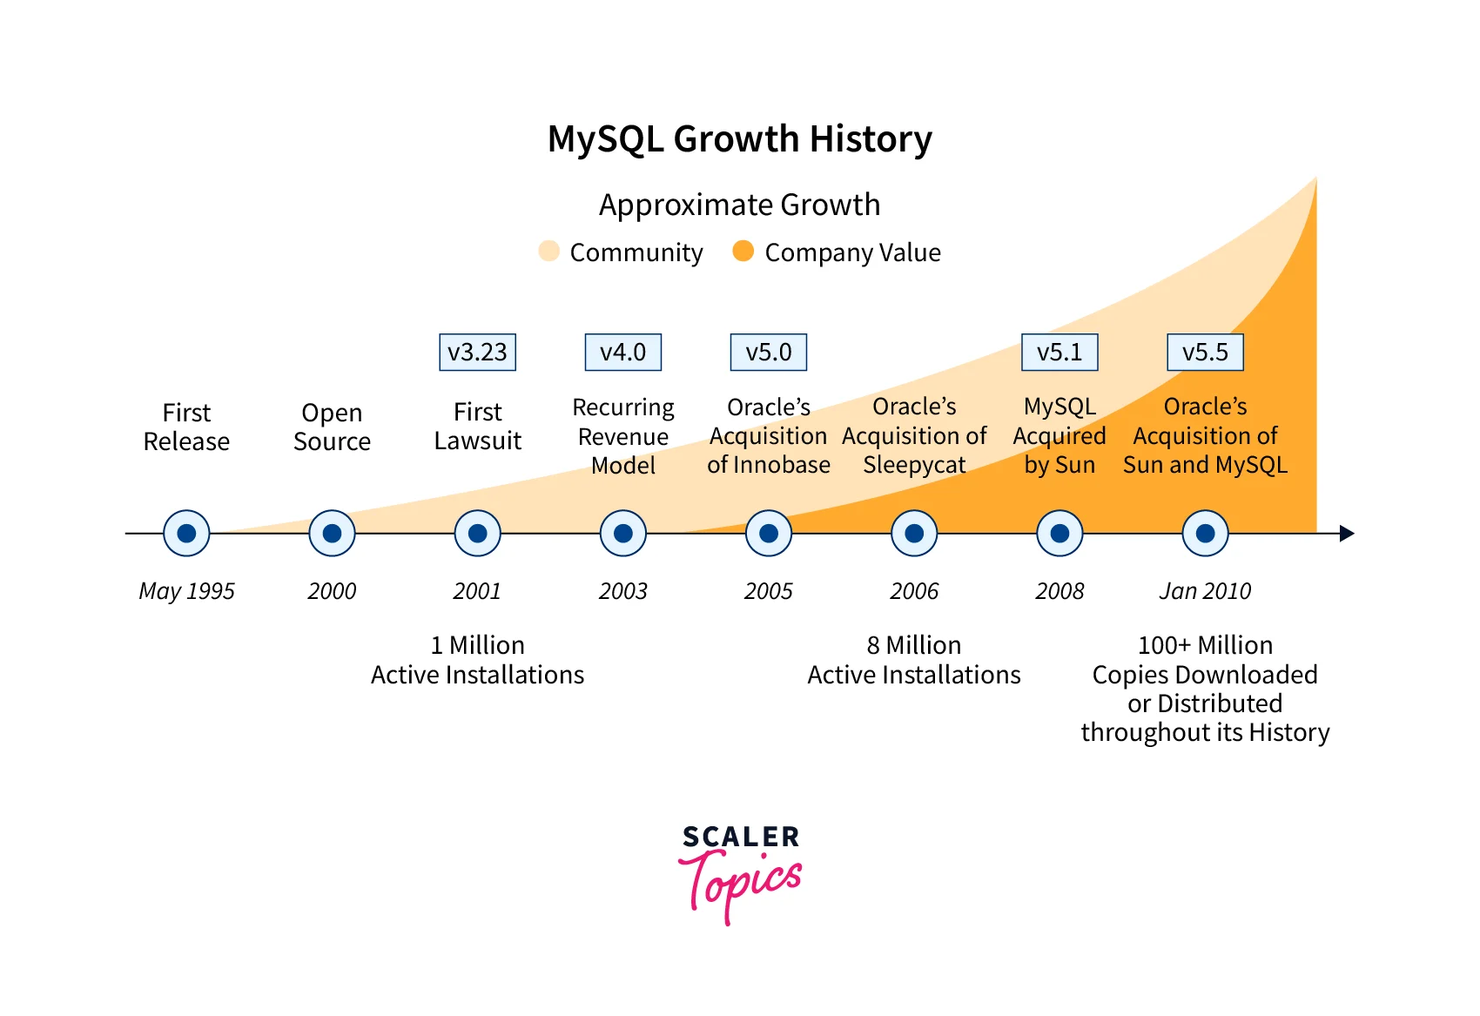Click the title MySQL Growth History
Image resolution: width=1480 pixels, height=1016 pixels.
click(x=739, y=139)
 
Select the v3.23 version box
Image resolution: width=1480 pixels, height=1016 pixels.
click(x=477, y=353)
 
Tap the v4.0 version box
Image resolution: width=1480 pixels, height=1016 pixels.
click(x=622, y=353)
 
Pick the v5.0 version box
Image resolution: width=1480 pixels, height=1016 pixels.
click(x=768, y=353)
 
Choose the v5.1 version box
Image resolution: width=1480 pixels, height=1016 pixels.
click(x=1060, y=353)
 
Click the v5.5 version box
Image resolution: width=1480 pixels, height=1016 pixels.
click(x=1205, y=353)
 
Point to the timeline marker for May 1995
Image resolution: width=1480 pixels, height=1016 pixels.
click(x=186, y=533)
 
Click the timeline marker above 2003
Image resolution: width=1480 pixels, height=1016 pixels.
click(x=623, y=533)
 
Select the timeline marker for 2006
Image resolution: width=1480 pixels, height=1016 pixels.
click(x=914, y=533)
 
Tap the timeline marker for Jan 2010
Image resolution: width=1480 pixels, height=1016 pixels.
click(x=1205, y=533)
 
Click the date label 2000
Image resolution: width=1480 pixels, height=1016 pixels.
click(x=332, y=591)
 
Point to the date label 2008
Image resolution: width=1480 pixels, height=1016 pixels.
click(x=1060, y=591)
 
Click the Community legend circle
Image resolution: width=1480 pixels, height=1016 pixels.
click(x=548, y=251)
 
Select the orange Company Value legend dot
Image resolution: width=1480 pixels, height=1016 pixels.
click(x=743, y=251)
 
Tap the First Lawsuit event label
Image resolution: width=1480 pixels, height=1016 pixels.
click(x=477, y=427)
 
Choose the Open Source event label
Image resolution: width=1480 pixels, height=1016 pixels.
click(x=332, y=427)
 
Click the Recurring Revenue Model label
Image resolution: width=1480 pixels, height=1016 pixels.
click(x=623, y=436)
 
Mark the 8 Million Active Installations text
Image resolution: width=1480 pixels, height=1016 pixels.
click(x=914, y=660)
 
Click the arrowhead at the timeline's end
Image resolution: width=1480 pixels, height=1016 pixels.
click(x=1346, y=533)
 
